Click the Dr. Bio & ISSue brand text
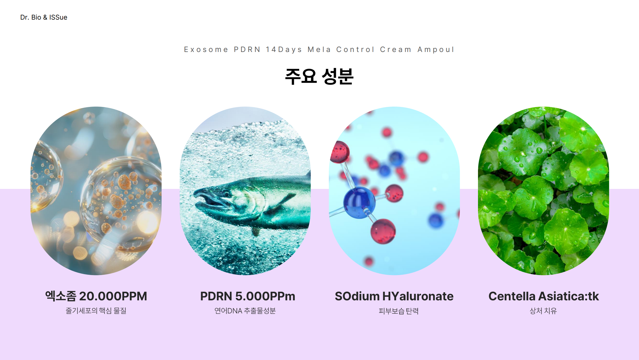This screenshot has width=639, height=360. [44, 17]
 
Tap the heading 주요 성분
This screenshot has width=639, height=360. [319, 76]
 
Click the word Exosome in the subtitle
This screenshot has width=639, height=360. [206, 50]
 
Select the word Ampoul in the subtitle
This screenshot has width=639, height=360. [436, 50]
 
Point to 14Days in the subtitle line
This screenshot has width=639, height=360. [284, 50]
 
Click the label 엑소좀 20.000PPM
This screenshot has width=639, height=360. [96, 296]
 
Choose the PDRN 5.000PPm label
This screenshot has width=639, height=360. [248, 296]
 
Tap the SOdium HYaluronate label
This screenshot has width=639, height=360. [394, 296]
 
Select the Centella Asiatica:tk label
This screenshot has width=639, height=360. [544, 296]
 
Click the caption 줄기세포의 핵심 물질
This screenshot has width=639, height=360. [96, 311]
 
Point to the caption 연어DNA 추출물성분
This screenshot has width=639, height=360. [245, 311]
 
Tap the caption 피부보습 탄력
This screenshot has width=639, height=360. [398, 311]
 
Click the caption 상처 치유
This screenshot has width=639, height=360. [543, 311]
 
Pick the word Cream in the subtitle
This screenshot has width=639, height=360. [396, 50]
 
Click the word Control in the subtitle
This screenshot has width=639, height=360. [355, 50]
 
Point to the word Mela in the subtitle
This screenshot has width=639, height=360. [319, 50]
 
